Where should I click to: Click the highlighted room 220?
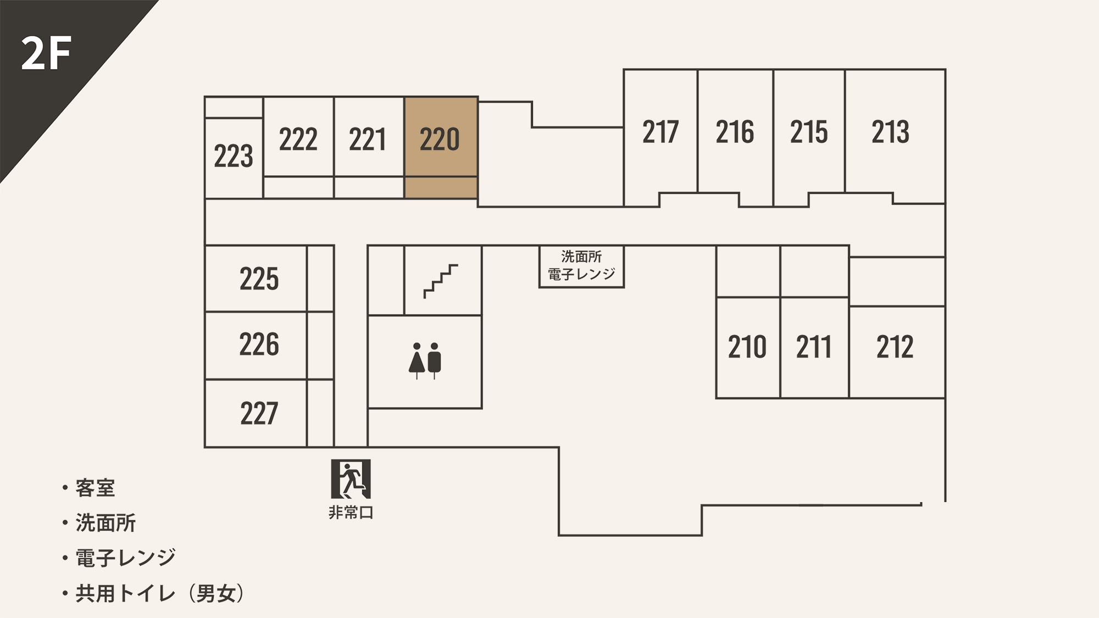tap(441, 147)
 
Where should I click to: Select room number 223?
tap(234, 156)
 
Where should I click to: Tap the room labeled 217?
tap(660, 137)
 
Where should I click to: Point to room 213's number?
tap(890, 132)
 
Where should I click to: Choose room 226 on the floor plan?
tap(256, 345)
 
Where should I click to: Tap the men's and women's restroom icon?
tap(425, 361)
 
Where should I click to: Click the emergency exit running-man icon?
tap(351, 479)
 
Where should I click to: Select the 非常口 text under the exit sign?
tap(351, 513)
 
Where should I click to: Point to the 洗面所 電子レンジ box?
tap(581, 266)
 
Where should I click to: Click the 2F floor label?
tap(46, 54)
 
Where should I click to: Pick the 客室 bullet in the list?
tap(88, 488)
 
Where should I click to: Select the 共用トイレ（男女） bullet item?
tap(153, 593)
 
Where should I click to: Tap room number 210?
tap(747, 347)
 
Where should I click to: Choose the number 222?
tap(298, 139)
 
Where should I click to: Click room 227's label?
tap(259, 414)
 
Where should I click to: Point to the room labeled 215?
tap(809, 137)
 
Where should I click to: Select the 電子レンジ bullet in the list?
tap(119, 558)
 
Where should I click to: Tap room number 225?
tap(259, 279)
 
